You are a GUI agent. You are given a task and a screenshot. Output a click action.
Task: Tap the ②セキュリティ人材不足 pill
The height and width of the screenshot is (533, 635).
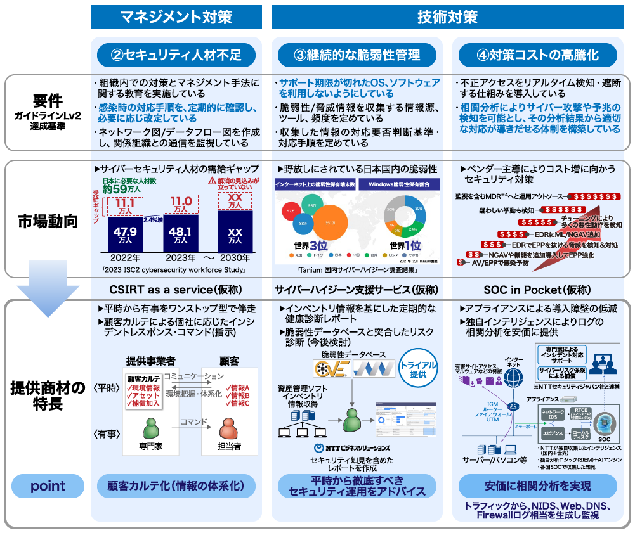pos(176,55)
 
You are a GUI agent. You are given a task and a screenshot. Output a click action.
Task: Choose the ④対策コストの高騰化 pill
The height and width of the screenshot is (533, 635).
pos(537,55)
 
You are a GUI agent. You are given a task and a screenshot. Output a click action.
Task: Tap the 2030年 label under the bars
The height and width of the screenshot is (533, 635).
pos(235,258)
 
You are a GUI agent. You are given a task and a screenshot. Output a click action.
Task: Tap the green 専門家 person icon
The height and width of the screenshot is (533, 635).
pos(151,429)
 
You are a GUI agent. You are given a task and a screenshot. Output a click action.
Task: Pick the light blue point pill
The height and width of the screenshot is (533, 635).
pos(48,486)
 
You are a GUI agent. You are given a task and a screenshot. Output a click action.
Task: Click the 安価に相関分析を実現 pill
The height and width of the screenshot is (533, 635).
pos(537,486)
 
